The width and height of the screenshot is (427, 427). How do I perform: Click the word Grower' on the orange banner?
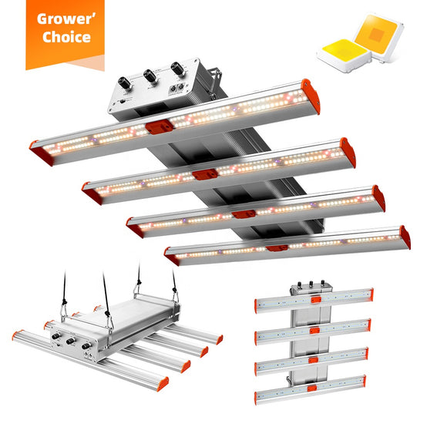66,19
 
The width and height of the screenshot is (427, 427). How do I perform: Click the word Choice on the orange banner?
66,37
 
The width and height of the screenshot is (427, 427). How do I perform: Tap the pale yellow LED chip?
344,55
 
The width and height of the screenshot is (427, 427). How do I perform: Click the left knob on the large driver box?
125,82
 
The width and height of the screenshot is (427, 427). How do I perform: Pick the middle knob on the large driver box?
150,76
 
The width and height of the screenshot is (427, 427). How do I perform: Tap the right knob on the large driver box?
177,69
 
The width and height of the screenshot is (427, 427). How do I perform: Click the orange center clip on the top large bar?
159,127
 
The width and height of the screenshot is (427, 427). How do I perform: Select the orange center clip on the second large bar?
205,174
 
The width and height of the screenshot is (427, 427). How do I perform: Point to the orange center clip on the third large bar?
244,214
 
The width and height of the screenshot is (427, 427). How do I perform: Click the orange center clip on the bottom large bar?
277,248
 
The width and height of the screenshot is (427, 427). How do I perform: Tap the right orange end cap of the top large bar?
311,96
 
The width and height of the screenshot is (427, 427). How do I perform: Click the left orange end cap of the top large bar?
41,153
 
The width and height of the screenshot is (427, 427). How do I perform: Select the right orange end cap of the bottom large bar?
405,237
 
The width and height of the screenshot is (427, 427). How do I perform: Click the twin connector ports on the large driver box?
177,88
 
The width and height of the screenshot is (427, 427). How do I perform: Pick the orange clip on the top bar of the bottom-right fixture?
316,300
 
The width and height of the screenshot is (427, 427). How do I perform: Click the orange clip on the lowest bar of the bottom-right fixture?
312,388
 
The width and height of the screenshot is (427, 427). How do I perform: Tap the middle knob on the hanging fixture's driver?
71,341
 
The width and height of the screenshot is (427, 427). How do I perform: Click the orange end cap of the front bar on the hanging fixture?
163,384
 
